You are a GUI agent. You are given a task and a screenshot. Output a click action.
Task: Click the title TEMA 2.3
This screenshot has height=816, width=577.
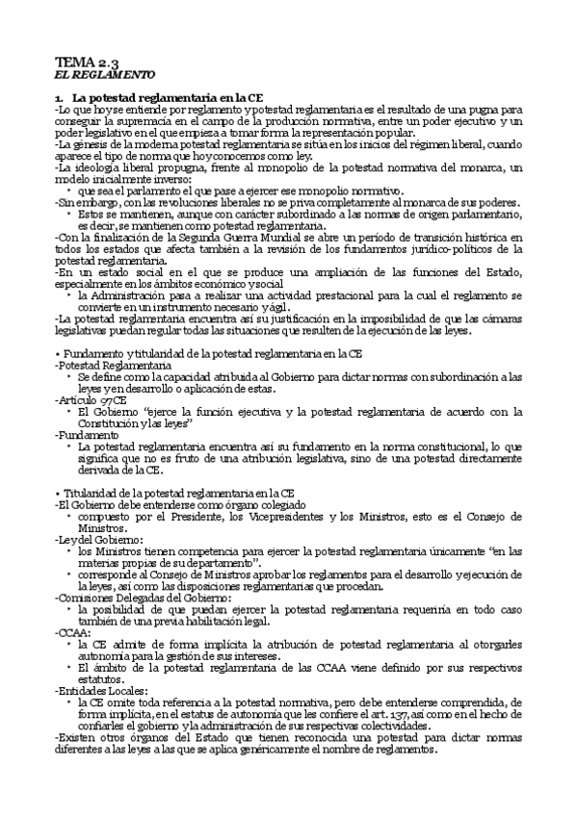pyautogui.click(x=85, y=62)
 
